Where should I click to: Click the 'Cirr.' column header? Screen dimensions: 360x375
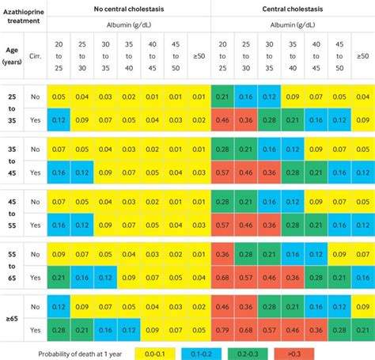[x=35, y=55]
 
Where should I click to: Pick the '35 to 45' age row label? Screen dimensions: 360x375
[x=11, y=161]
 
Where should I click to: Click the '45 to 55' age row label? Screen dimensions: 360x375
[x=11, y=213]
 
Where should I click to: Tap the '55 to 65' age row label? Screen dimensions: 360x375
[x=11, y=265]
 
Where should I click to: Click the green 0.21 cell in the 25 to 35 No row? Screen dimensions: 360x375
[x=223, y=97]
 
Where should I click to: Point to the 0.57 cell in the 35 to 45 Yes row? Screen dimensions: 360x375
[x=223, y=172]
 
